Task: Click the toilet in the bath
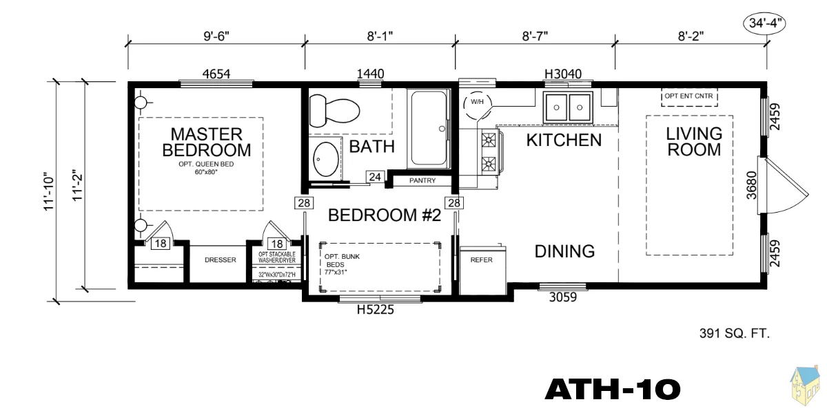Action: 334,111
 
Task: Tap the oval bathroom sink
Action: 325,159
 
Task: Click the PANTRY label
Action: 422,180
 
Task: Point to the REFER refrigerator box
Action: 482,271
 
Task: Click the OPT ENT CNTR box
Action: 689,97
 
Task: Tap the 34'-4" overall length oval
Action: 764,23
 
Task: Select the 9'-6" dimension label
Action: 216,36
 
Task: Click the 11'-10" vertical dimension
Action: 49,191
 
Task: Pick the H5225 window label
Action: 375,310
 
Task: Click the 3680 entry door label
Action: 751,185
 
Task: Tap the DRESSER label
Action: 221,260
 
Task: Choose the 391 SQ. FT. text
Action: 735,333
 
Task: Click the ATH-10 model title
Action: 613,390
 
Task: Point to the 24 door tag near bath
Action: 375,177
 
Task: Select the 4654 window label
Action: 216,74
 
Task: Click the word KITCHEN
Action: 564,140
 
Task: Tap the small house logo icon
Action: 805,388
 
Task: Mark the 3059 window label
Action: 562,297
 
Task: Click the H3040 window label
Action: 563,74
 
